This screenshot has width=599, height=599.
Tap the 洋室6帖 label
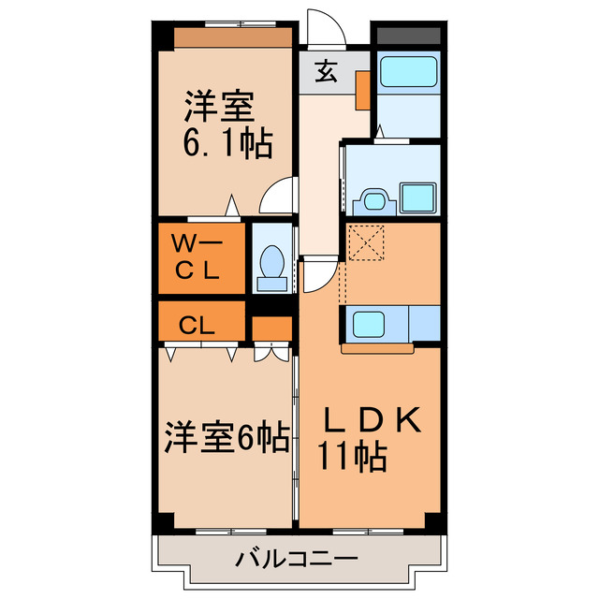click(227, 436)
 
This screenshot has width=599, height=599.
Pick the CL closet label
click(198, 326)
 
